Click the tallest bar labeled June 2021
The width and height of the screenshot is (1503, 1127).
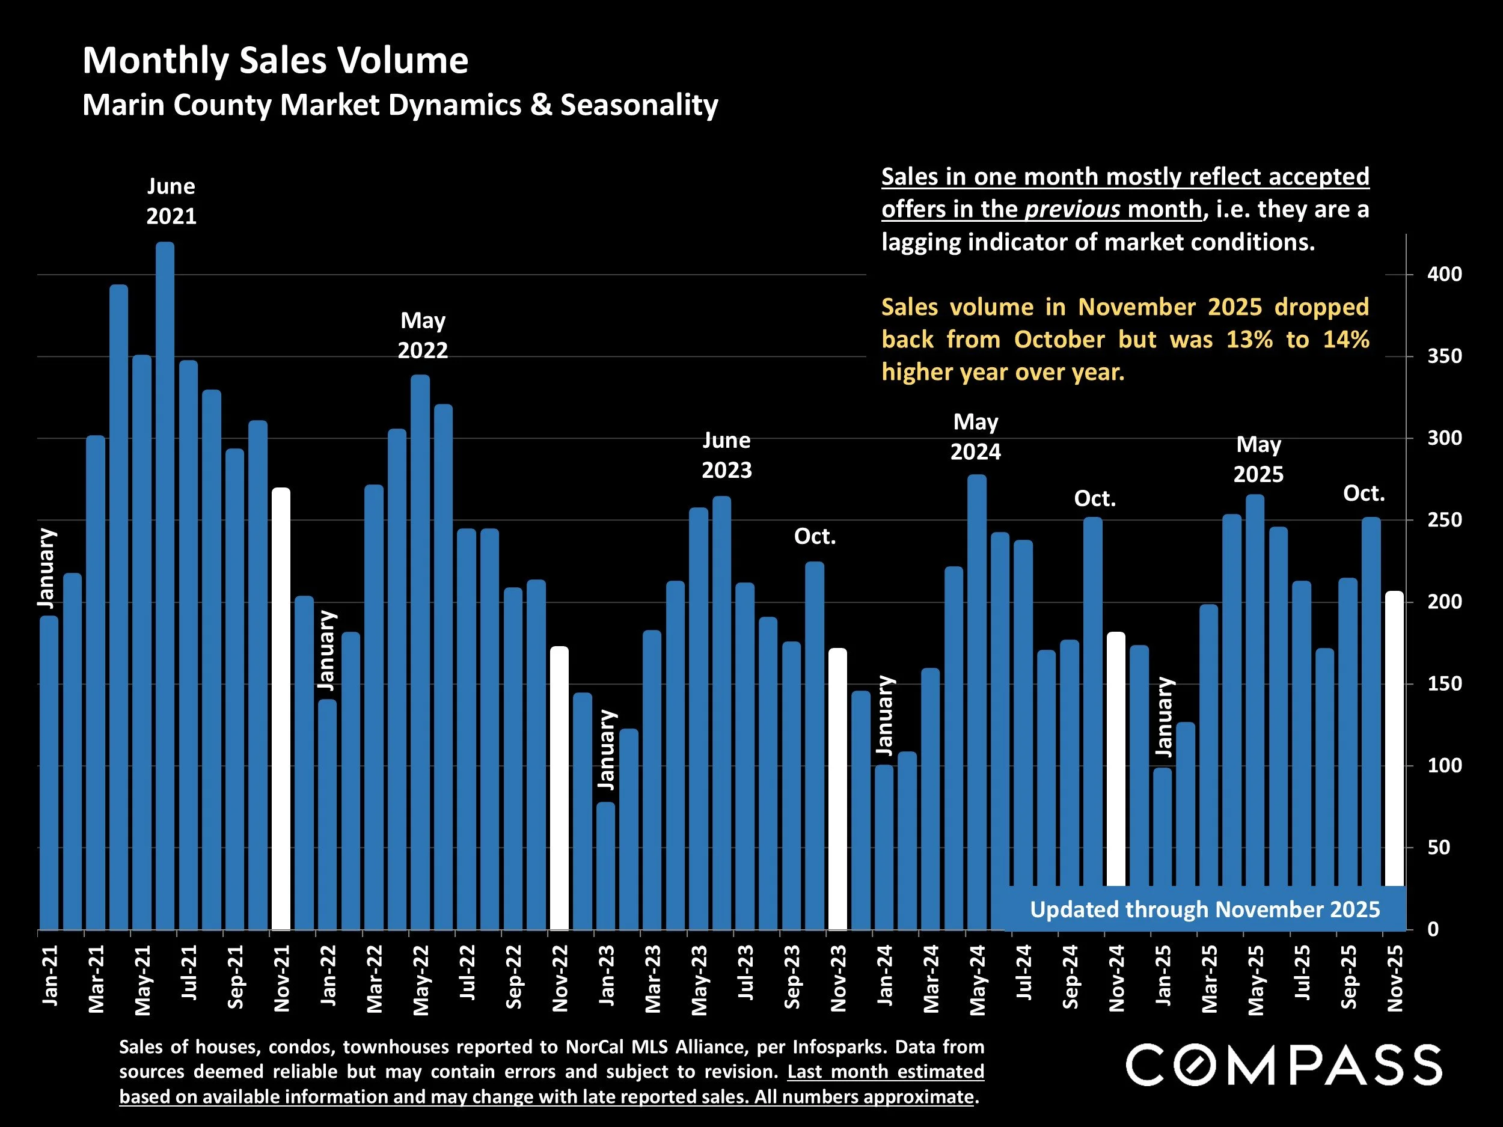pos(165,584)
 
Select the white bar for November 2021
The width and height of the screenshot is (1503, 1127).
pos(281,706)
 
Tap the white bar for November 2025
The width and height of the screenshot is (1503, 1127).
pos(1394,737)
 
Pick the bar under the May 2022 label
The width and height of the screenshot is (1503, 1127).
pos(420,652)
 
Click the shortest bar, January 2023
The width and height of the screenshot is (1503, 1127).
pos(605,866)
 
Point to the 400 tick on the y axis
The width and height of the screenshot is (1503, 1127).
pos(1444,275)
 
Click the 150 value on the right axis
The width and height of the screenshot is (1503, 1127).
pos(1444,683)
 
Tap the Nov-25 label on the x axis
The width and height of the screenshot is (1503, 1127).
pos(1394,978)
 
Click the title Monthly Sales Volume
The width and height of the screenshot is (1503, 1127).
pos(275,61)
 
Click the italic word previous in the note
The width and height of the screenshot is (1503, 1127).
pos(1072,209)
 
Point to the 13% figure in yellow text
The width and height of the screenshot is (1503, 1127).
pos(1249,340)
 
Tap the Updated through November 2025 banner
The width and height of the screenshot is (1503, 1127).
pos(1204,909)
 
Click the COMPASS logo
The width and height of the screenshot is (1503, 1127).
pos(1284,1065)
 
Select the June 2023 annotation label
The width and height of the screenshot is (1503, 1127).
pos(726,455)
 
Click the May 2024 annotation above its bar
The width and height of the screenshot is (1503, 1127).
pos(976,437)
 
